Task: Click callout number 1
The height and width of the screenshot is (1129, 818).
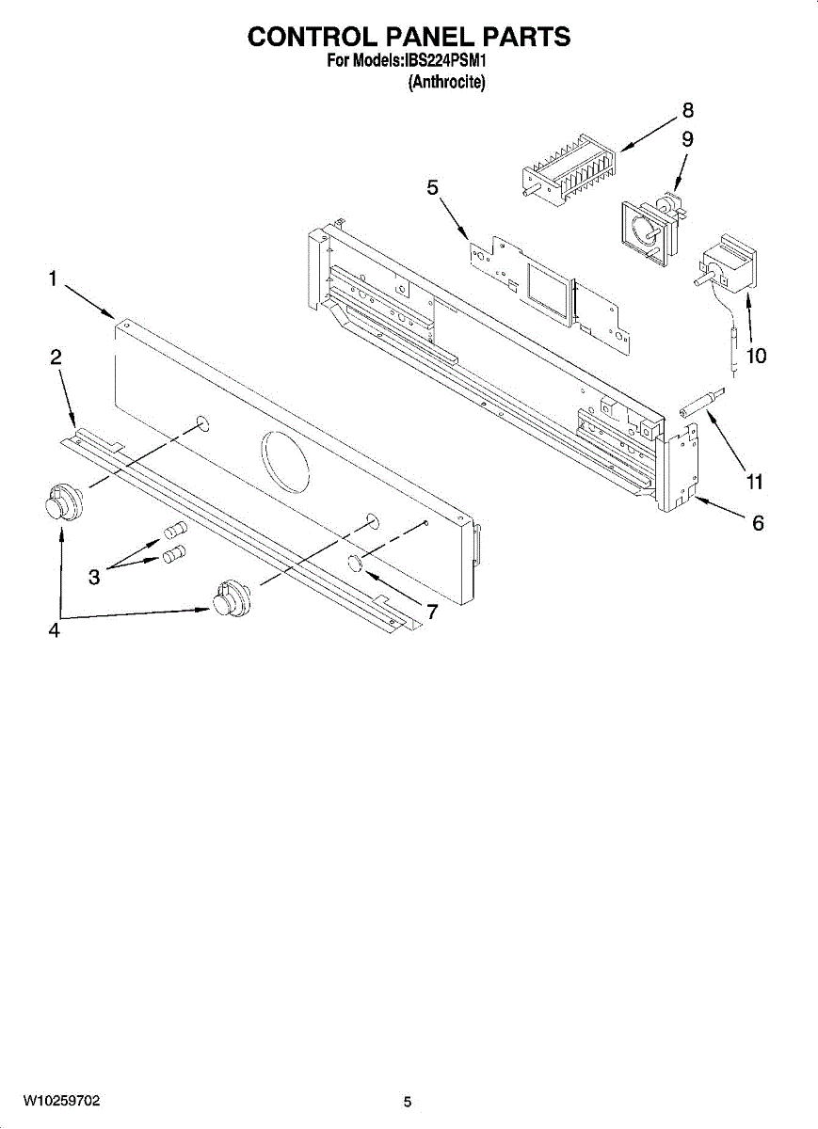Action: (54, 278)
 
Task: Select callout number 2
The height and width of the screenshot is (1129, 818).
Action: (56, 357)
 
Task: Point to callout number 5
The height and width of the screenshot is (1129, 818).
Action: (432, 187)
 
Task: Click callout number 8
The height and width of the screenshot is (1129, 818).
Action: (687, 109)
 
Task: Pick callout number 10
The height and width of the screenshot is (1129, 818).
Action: (755, 356)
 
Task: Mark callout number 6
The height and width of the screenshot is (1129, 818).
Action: (758, 524)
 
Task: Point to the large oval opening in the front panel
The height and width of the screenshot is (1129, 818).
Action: (284, 458)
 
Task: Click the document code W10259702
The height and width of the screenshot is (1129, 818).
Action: (62, 1100)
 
